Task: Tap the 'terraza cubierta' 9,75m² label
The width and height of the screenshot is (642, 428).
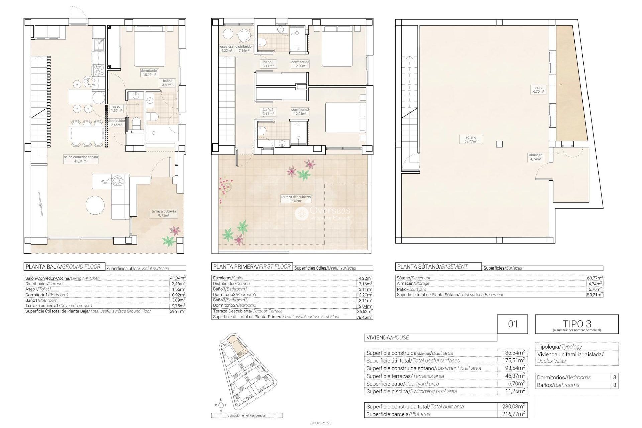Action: click(164, 213)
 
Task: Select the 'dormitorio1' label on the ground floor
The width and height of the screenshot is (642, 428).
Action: click(149, 73)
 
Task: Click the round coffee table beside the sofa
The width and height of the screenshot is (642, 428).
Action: click(95, 205)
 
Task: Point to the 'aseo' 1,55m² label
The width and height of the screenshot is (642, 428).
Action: click(116, 108)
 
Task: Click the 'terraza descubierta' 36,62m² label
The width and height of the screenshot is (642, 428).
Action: click(296, 199)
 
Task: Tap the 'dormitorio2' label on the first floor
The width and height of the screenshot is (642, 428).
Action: click(300, 111)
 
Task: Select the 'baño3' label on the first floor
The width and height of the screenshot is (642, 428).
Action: click(268, 64)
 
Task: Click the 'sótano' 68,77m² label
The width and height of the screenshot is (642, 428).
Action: click(470, 139)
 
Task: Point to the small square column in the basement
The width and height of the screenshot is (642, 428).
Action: click(499, 144)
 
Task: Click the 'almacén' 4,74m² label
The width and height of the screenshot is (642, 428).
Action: click(535, 157)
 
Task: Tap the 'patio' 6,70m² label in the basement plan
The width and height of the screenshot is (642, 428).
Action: click(538, 89)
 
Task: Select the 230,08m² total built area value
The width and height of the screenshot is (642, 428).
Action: click(513, 406)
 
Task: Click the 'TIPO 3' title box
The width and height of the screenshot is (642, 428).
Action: click(576, 324)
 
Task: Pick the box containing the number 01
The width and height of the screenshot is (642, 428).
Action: click(512, 324)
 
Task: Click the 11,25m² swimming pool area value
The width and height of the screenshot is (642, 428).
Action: click(513, 391)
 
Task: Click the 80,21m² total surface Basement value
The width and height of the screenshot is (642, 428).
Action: click(594, 295)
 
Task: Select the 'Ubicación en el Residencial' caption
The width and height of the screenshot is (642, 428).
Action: click(247, 415)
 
